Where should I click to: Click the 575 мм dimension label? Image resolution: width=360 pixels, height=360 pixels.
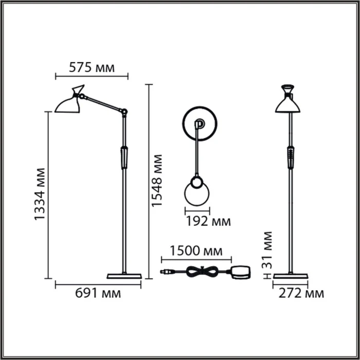coord(92,67)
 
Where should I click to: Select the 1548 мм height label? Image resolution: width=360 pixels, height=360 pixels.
coord(157,181)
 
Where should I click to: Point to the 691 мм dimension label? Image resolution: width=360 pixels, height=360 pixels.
coord(98,294)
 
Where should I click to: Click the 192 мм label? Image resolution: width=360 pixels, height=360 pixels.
coord(207,222)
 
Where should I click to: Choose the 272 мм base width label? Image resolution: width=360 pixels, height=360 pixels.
coord(301,294)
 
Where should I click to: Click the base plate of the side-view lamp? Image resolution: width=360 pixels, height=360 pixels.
coord(123,276)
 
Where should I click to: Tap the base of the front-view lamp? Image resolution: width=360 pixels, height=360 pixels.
coord(291,276)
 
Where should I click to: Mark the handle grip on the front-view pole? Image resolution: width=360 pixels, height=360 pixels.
coord(291,157)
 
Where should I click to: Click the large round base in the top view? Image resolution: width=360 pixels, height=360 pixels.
coord(200,123)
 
